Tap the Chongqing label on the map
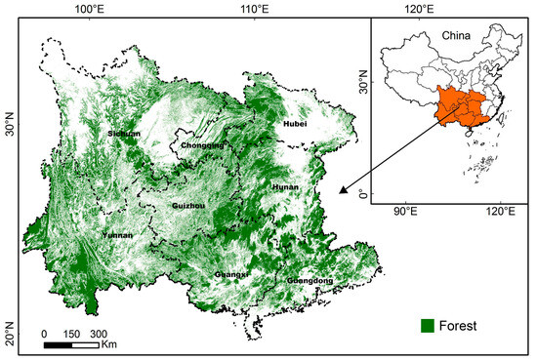click(x=203, y=145)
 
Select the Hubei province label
click(x=294, y=124)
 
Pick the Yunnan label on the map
click(x=116, y=235)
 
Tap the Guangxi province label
click(x=231, y=275)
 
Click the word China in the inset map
click(x=456, y=36)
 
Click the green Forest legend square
click(x=427, y=324)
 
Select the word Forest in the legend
click(x=457, y=324)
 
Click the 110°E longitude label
click(x=256, y=9)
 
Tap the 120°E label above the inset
click(x=421, y=9)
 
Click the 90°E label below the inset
click(x=405, y=212)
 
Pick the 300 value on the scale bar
click(x=99, y=333)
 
